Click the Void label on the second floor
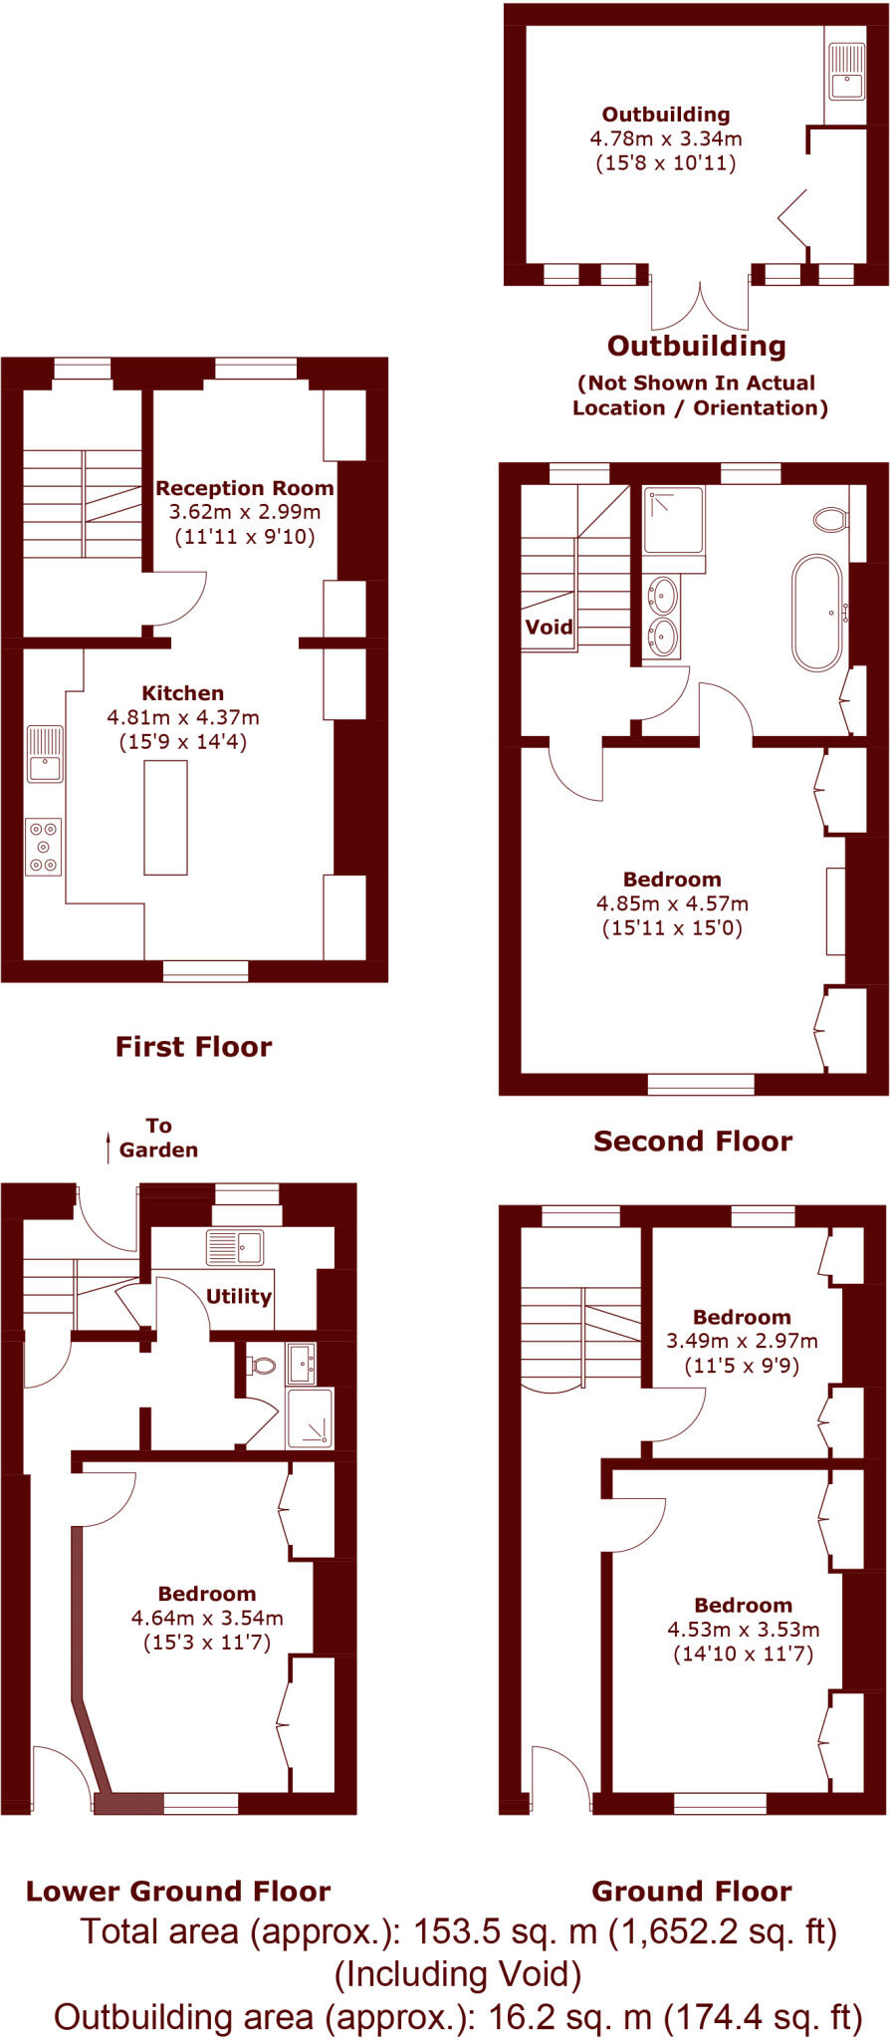(549, 627)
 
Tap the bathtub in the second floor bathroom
(817, 613)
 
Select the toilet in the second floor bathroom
(830, 519)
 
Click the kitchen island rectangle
(165, 817)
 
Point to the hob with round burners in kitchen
(43, 847)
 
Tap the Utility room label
(238, 1296)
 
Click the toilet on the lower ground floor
(262, 1365)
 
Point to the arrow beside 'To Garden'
(109, 1147)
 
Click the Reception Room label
(244, 488)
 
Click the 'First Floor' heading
(193, 1047)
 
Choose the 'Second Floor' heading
(693, 1142)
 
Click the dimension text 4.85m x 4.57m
(672, 903)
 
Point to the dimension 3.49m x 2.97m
(742, 1341)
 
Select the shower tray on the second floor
(674, 519)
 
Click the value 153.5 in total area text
(455, 1931)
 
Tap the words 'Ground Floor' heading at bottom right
(692, 1892)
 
